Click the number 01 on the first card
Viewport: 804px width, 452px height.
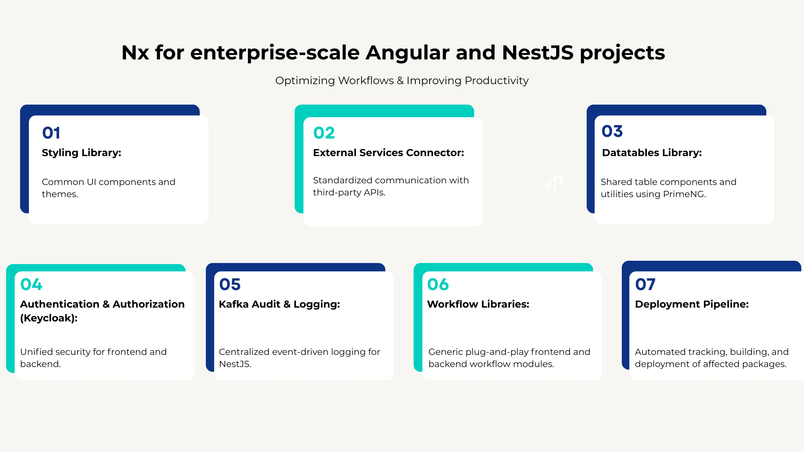[51, 133]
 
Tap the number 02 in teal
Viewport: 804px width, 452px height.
[324, 133]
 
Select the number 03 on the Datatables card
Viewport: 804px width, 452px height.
[612, 131]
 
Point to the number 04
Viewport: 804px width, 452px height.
[31, 285]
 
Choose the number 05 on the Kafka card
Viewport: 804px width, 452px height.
[229, 285]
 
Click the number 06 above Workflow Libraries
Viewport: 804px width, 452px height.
[438, 285]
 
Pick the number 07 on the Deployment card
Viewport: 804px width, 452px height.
[645, 285]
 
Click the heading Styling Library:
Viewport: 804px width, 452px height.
[81, 153]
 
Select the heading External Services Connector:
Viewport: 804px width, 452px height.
[388, 153]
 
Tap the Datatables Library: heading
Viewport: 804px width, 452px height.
[652, 153]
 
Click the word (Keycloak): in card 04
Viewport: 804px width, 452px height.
[49, 318]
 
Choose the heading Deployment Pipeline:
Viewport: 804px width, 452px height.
[691, 304]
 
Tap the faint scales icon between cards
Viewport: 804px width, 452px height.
[555, 184]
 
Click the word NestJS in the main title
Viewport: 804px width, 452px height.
[538, 53]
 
